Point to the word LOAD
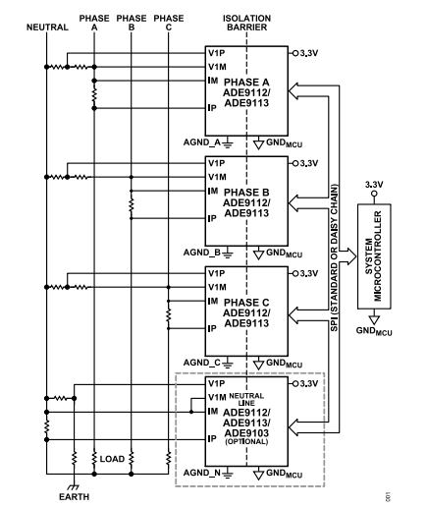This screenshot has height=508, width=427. [x=112, y=459]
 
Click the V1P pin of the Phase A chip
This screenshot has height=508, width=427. [x=215, y=52]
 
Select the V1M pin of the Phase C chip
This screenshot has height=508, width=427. [x=215, y=286]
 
